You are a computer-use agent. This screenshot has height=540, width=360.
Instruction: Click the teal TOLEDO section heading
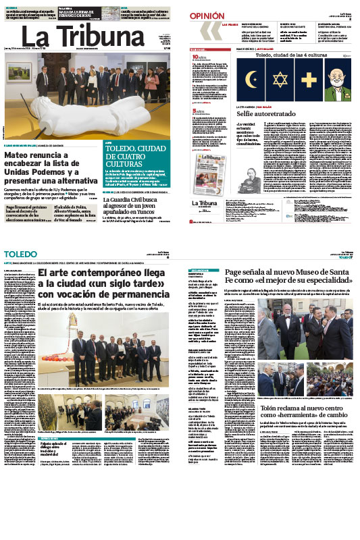pos(18,253)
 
